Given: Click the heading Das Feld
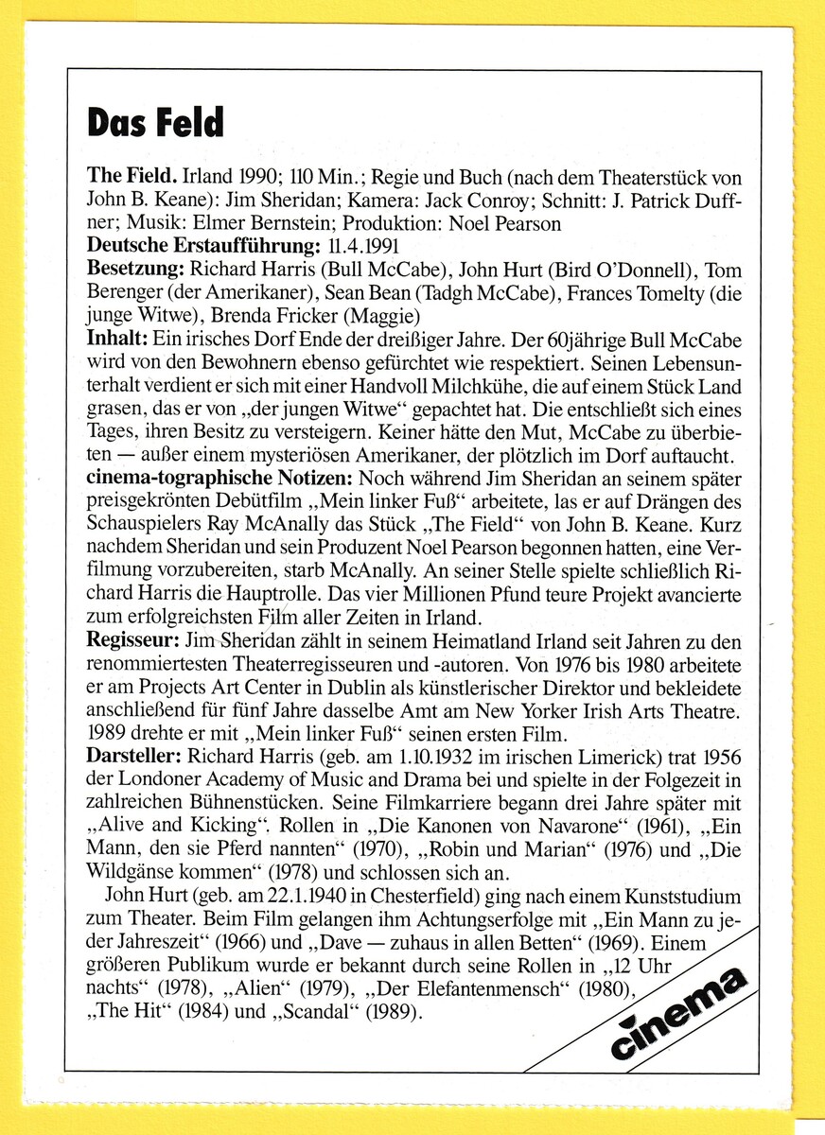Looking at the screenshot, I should click(x=155, y=122).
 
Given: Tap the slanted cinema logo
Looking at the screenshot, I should click(x=677, y=1011).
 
